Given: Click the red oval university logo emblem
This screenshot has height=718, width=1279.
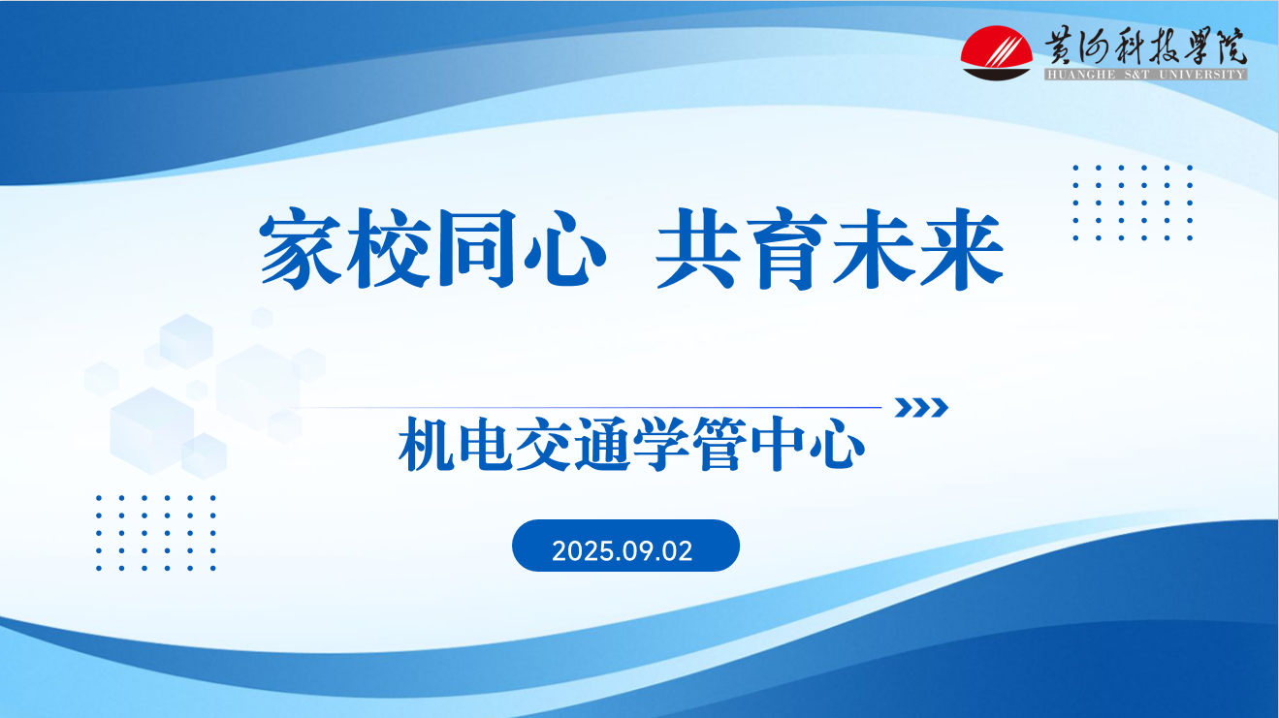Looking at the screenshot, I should (998, 54).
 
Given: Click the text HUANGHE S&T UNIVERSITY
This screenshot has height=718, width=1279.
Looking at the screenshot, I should (1144, 75).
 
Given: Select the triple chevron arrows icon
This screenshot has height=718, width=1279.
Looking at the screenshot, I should (921, 408).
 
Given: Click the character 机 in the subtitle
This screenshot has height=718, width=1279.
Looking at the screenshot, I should (427, 448).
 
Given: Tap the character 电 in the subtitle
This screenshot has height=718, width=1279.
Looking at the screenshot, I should (486, 448).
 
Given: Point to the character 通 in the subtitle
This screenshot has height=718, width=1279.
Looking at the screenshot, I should (602, 448).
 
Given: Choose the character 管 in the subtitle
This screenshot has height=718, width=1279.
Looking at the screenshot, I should (719, 448).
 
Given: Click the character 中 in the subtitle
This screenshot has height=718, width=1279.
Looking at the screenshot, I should (779, 448).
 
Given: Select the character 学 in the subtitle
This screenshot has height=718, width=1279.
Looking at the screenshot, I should (661, 448).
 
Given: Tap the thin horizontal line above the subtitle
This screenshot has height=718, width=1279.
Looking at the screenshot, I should (592, 408).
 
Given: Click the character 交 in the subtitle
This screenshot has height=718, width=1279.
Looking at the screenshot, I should (544, 448).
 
